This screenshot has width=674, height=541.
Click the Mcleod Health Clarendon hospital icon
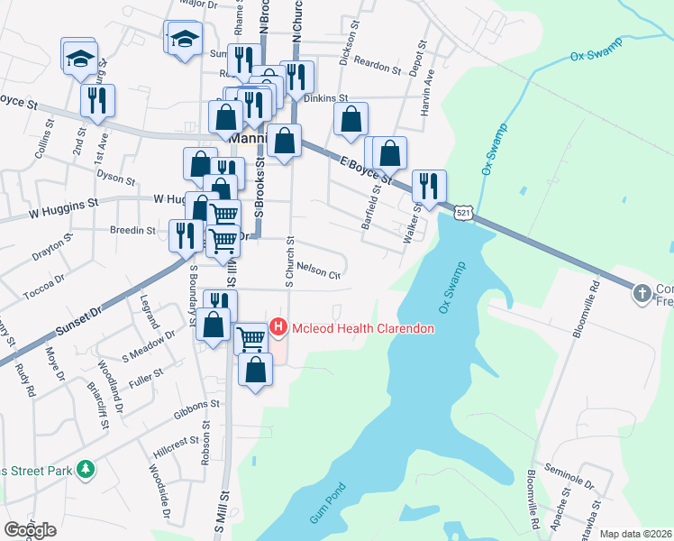(278, 328)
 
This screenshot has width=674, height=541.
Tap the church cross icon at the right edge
(642, 293)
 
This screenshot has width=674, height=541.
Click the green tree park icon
(86, 469)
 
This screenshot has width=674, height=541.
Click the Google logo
(30, 529)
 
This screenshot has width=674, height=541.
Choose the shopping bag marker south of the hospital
(256, 369)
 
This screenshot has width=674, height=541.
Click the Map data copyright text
(635, 534)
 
